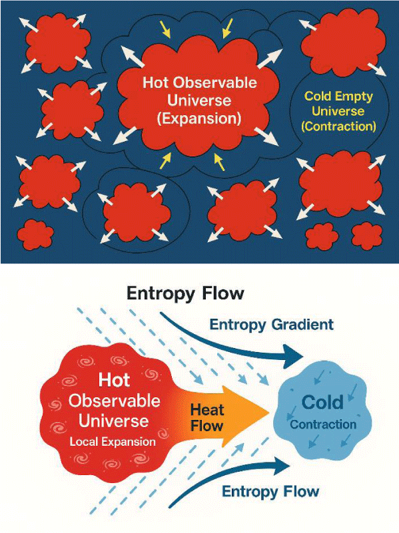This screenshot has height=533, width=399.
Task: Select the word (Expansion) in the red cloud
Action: pyautogui.click(x=199, y=118)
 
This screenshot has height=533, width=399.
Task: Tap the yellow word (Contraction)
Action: pyautogui.click(x=339, y=126)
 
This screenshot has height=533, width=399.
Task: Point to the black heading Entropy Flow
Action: pyautogui.click(x=185, y=293)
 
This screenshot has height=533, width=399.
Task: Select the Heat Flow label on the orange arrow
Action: pyautogui.click(x=206, y=417)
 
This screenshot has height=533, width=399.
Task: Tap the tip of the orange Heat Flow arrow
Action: pyautogui.click(x=269, y=413)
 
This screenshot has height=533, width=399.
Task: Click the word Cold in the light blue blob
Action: pyautogui.click(x=322, y=402)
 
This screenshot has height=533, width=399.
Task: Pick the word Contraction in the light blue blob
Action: pyautogui.click(x=323, y=425)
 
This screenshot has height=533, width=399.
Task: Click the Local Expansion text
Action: pyautogui.click(x=113, y=442)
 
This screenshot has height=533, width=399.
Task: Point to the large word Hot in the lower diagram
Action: pyautogui.click(x=115, y=380)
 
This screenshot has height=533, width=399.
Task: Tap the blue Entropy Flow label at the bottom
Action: pyautogui.click(x=270, y=492)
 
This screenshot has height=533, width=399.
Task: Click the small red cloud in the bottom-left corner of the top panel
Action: pyautogui.click(x=35, y=234)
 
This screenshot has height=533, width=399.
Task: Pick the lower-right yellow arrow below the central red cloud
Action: pyautogui.click(x=219, y=162)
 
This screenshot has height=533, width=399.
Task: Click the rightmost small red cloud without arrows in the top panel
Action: pyautogui.click(x=366, y=236)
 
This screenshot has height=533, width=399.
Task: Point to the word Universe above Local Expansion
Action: pyautogui.click(x=114, y=421)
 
